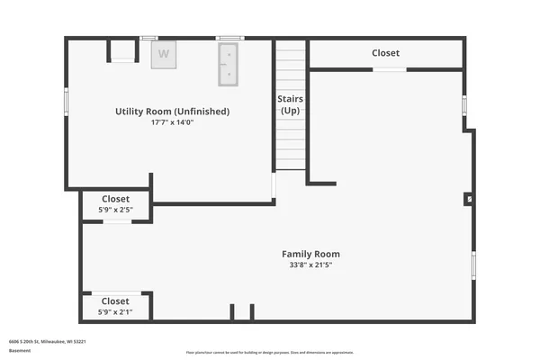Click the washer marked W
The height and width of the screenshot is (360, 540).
coord(164,53)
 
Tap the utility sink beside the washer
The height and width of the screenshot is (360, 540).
coord(229,63)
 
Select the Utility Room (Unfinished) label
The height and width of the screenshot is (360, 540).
coord(172,112)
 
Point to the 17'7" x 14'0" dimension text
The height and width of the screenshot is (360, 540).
coord(172,122)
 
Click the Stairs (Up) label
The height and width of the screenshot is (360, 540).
coord(291,104)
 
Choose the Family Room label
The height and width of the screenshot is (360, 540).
coord(310,254)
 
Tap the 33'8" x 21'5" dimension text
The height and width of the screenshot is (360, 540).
coord(310,265)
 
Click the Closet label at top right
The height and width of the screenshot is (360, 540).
coord(385,53)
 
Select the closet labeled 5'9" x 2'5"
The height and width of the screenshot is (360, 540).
coord(115,203)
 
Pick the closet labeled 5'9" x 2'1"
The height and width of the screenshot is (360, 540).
coord(115,306)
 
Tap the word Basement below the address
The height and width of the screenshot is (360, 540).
coord(19,350)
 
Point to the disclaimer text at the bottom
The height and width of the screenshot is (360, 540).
coord(269,352)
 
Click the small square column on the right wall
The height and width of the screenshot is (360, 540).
coord(469,199)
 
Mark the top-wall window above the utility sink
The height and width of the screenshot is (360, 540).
coord(229,38)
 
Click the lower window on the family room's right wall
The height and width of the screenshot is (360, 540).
coord(473,265)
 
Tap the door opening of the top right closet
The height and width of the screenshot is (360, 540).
coord(389,69)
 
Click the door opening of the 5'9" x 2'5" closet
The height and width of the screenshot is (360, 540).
coord(117,220)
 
